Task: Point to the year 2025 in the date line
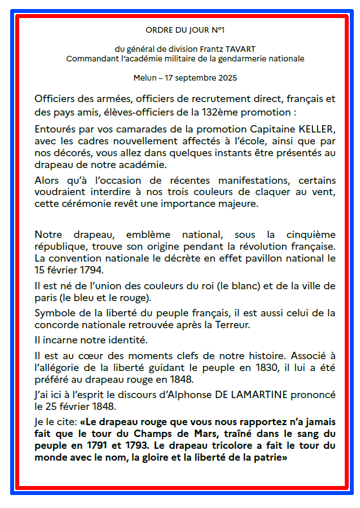[227, 77]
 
